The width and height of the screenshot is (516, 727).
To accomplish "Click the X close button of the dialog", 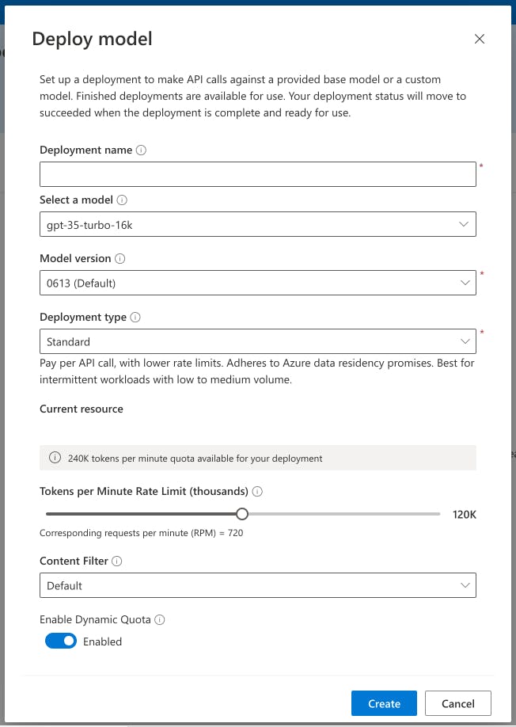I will [479, 39].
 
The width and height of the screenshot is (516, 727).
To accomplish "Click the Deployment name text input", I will [257, 174].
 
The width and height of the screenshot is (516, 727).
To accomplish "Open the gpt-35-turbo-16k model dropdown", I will [257, 225].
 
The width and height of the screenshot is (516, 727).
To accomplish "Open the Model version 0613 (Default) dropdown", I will [257, 283].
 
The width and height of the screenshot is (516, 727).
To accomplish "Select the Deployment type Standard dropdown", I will [257, 341].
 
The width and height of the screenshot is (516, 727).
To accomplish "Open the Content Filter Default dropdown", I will [257, 585].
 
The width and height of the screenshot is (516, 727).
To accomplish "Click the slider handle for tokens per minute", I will [242, 514].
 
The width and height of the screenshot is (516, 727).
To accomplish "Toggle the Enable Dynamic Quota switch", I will [61, 641].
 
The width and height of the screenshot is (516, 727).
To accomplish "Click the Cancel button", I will [457, 703].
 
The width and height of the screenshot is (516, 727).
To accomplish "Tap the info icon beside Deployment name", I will [142, 150].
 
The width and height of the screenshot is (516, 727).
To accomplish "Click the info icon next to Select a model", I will [123, 200].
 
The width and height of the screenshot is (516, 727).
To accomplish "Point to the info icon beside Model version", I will [120, 258].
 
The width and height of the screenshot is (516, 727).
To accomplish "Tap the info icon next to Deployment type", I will [135, 317].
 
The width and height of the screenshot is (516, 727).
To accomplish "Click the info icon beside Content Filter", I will [117, 561].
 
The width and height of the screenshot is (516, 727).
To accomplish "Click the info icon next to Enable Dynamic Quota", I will [160, 619].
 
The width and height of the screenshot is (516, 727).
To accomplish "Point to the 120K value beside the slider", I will [464, 515].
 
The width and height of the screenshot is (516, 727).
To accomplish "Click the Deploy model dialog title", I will [92, 39].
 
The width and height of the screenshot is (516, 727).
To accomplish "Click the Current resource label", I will [82, 409].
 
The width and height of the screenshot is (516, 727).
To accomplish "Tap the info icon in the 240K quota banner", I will [55, 458].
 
